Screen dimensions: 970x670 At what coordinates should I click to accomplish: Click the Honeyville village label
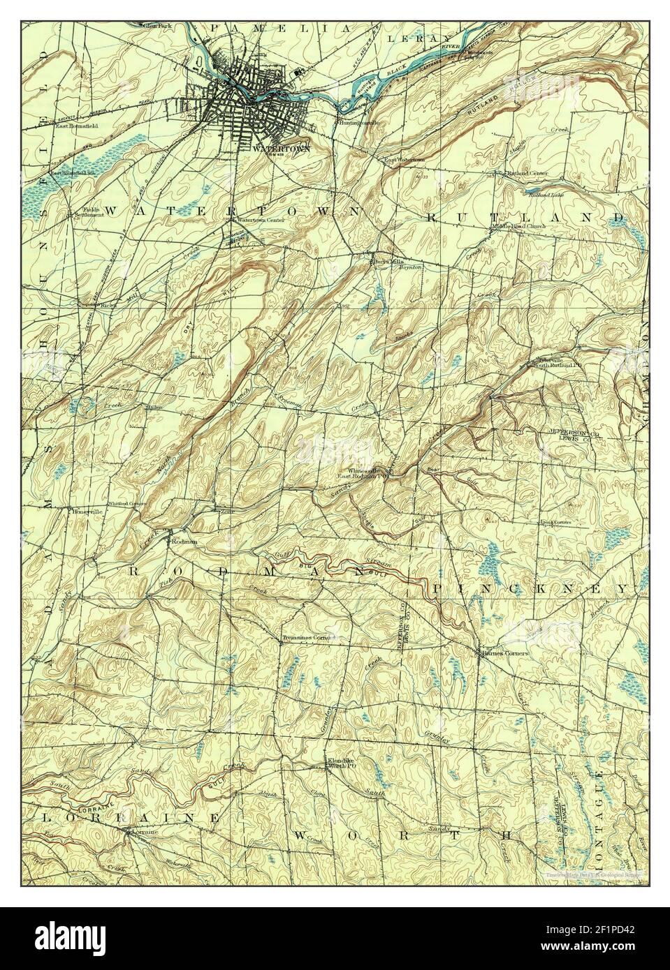[84, 509]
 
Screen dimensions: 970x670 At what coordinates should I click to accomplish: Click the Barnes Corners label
[505, 654]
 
